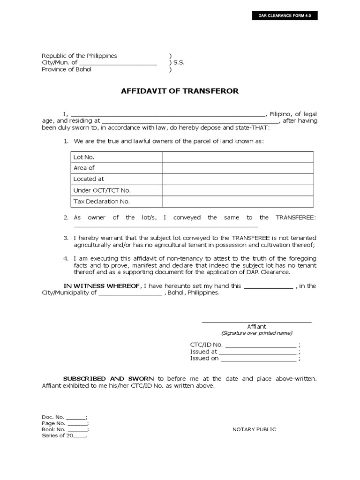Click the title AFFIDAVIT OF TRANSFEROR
pos(180,91)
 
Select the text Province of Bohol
pos(67,70)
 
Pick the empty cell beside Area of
pos(238,168)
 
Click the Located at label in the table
pos(89,179)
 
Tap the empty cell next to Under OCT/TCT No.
pos(238,190)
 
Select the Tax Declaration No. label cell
pos(102,202)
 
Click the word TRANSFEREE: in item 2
pos(296,217)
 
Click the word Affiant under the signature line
pos(256,326)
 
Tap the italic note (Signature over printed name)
pos(256,333)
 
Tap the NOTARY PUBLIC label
pos(254,429)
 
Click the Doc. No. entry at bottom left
pos(64,417)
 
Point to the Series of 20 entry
pos(64,435)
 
